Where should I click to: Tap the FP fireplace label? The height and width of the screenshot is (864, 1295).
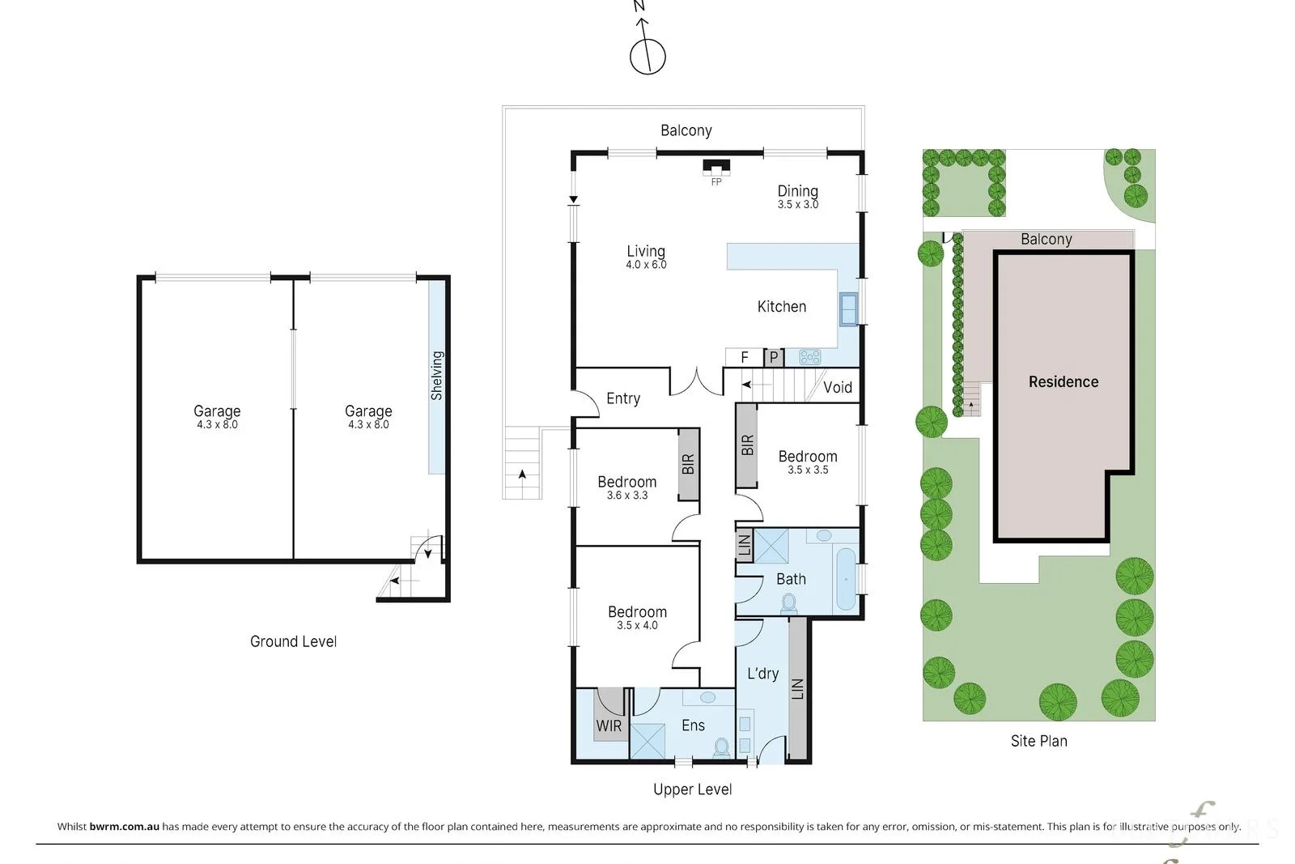pos(716,182)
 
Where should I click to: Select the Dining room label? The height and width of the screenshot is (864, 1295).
pos(798,191)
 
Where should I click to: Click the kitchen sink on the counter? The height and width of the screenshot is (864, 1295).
pos(848,309)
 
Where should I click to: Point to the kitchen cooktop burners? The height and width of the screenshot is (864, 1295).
pos(810,357)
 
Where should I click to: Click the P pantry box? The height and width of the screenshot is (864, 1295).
pos(774,357)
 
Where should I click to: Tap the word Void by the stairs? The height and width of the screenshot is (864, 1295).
pos(838,388)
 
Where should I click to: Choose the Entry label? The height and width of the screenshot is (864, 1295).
pos(623,398)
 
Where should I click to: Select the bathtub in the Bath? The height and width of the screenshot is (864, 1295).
pos(846,579)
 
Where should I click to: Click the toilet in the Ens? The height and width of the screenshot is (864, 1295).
pos(721,747)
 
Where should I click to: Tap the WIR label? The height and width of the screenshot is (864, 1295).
pos(609,726)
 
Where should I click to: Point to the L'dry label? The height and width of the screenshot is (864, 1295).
pos(762,674)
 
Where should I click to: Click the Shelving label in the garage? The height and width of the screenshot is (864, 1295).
pos(437,376)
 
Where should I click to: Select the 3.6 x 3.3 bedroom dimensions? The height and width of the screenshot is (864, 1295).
pos(627,496)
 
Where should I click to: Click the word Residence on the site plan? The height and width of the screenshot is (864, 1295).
pos(1064,381)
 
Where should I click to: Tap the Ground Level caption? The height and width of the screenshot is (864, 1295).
pos(293,641)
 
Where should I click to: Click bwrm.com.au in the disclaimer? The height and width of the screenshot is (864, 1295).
pos(125,827)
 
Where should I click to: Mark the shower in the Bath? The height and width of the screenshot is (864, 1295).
pos(771,546)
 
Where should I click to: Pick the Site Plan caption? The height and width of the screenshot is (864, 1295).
pos(1039,741)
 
